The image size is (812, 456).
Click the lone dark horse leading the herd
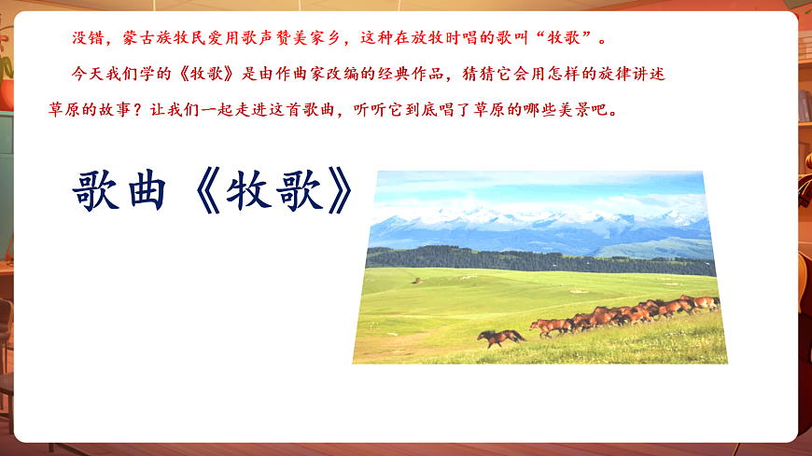pos(501,337)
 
